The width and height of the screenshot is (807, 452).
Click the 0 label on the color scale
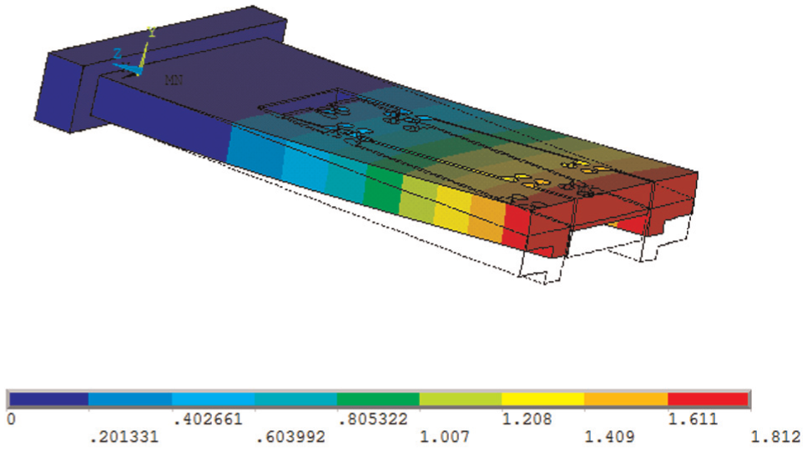coord(12,419)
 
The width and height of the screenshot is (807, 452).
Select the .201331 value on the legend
coord(124,437)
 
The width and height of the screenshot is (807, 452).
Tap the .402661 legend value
coord(208,419)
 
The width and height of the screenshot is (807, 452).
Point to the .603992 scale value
coord(290,437)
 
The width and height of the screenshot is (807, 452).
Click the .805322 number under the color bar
coord(372,419)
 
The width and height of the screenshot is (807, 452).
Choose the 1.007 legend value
coord(445,437)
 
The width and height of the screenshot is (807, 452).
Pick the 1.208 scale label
coord(527,419)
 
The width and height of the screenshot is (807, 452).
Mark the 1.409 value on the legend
coord(609,437)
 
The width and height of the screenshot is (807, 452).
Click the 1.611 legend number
coord(693,419)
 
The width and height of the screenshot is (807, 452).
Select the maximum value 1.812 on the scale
coord(775,437)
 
